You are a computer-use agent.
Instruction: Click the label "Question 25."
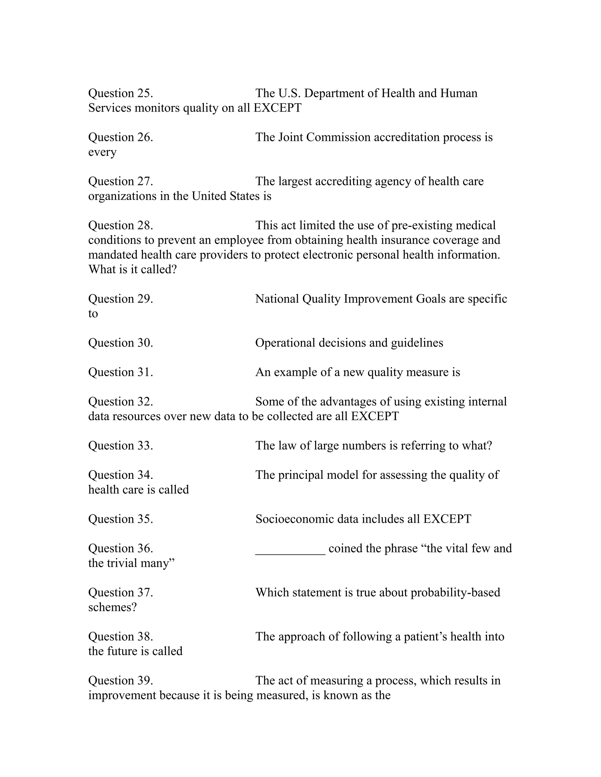point(121,93)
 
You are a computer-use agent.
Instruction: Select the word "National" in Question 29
point(277,299)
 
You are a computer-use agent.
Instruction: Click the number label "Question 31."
point(121,372)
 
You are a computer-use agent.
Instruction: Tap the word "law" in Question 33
point(287,446)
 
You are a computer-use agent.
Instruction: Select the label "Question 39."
point(121,681)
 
